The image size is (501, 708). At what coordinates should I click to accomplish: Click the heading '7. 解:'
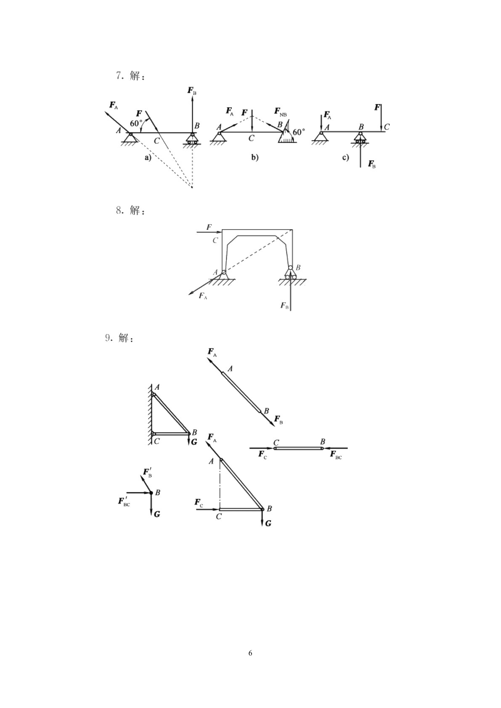(x=130, y=76)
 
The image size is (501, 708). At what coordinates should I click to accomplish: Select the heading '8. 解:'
(x=130, y=210)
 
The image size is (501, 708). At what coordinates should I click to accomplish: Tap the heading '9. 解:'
(x=119, y=338)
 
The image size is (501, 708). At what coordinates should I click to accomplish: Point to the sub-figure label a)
(x=148, y=157)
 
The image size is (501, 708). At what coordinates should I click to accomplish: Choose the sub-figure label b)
(x=255, y=157)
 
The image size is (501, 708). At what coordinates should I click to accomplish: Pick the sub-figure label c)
(x=346, y=157)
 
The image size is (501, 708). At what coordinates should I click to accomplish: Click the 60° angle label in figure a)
(x=136, y=123)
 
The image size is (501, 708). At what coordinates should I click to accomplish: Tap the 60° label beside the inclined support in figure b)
(x=299, y=132)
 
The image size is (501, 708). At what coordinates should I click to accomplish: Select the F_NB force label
(x=280, y=112)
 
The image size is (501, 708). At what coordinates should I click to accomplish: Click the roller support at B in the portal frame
(x=290, y=272)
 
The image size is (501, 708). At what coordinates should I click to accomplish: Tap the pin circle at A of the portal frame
(x=224, y=272)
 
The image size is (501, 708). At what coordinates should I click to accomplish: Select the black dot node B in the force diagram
(x=151, y=493)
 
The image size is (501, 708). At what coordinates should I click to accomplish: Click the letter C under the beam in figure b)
(x=251, y=138)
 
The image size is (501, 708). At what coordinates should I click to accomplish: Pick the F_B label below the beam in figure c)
(x=372, y=164)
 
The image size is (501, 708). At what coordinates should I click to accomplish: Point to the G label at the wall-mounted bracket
(x=194, y=442)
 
